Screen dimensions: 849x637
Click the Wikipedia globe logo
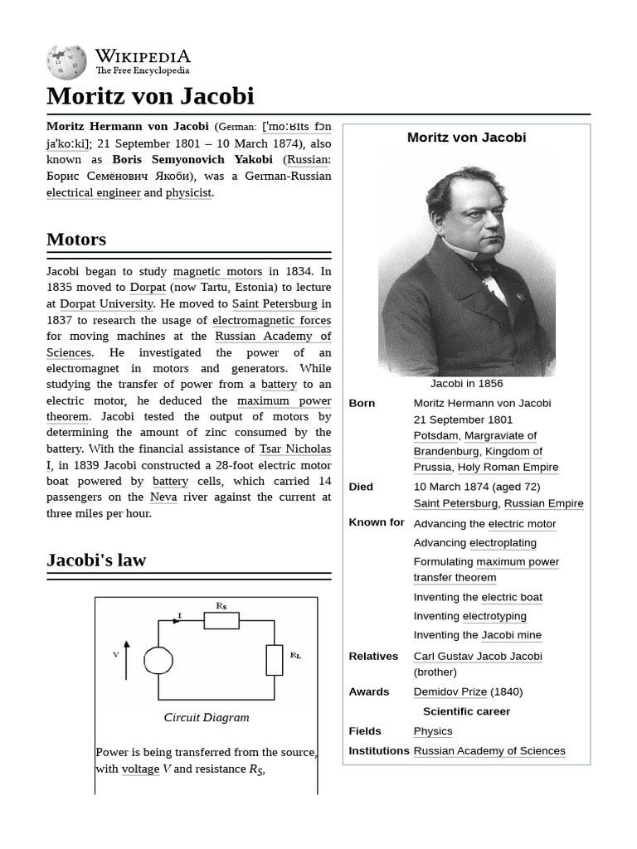click(x=66, y=62)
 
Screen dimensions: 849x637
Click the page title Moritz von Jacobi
click(x=150, y=95)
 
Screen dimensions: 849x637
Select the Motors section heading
click(x=76, y=240)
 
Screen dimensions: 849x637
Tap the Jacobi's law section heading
click(x=96, y=560)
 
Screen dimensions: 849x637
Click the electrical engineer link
click(x=94, y=192)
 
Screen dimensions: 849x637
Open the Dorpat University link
click(x=106, y=304)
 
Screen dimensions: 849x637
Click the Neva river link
click(x=163, y=497)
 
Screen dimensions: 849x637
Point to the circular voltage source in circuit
click(x=158, y=660)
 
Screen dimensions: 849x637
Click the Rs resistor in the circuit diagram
click(x=221, y=620)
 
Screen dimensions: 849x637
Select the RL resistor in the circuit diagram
click(x=275, y=659)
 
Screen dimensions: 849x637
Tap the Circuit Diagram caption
click(x=207, y=717)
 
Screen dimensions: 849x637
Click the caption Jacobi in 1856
click(x=466, y=384)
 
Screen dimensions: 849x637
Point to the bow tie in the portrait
click(x=484, y=267)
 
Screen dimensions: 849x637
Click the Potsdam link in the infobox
click(x=435, y=435)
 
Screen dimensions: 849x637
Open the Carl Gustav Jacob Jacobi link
click(x=478, y=656)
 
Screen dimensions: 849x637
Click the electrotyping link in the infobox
click(x=494, y=616)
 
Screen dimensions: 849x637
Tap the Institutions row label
click(x=379, y=750)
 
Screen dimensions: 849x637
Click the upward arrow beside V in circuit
click(x=126, y=659)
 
